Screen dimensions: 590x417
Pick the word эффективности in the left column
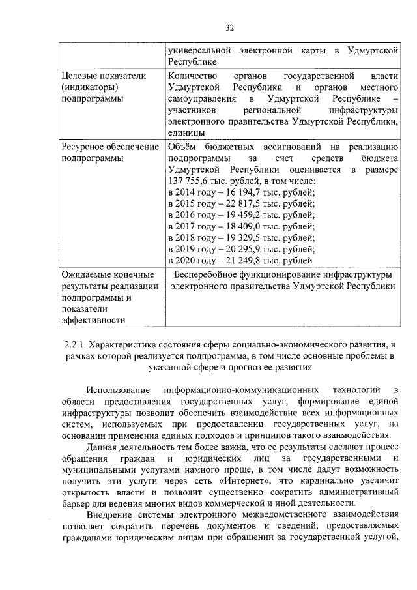point(91,321)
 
